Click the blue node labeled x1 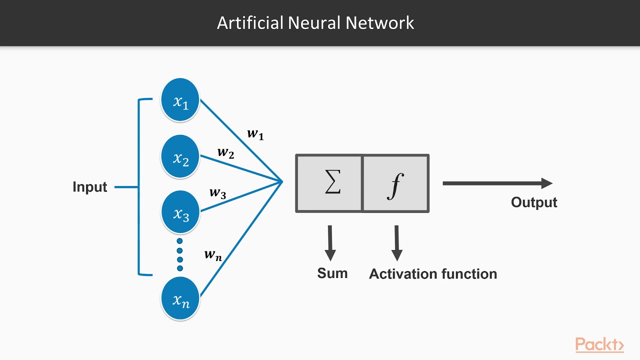180,100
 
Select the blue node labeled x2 180,157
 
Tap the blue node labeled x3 180,212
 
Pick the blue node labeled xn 180,298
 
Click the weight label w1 255,134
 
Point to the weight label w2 225,152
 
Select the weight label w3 217,193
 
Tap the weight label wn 213,254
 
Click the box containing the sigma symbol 329,183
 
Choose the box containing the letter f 395,183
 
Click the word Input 90,187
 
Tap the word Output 534,202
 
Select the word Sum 332,273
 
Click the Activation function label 433,274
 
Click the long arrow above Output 497,183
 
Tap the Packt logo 599,344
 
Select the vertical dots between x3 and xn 180,254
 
